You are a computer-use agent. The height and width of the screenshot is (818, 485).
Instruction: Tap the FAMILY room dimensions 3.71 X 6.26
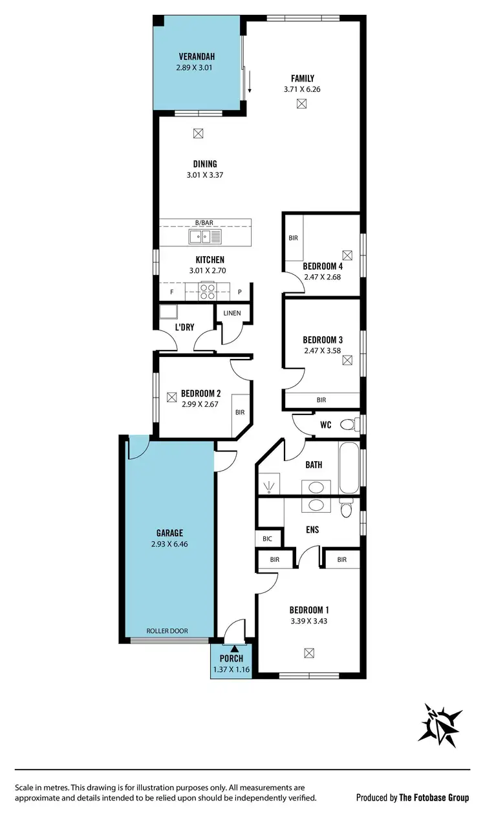302,89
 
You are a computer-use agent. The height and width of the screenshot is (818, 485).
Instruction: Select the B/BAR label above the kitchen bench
204,222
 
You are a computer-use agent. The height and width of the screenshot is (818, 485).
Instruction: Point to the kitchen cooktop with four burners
208,292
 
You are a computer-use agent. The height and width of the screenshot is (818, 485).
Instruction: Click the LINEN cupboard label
232,313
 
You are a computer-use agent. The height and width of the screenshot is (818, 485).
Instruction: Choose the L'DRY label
184,327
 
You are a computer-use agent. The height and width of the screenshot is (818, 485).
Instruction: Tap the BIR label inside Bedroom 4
293,238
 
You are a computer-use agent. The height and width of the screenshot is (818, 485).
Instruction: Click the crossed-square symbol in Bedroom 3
348,360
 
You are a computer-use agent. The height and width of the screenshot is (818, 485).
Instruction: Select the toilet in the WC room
347,424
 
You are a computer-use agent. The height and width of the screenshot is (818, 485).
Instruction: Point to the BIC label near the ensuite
267,538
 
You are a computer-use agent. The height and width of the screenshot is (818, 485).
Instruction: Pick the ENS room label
312,530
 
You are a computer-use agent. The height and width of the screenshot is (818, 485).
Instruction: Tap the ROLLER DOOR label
167,630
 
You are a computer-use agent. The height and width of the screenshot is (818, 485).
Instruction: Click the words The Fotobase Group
434,797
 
